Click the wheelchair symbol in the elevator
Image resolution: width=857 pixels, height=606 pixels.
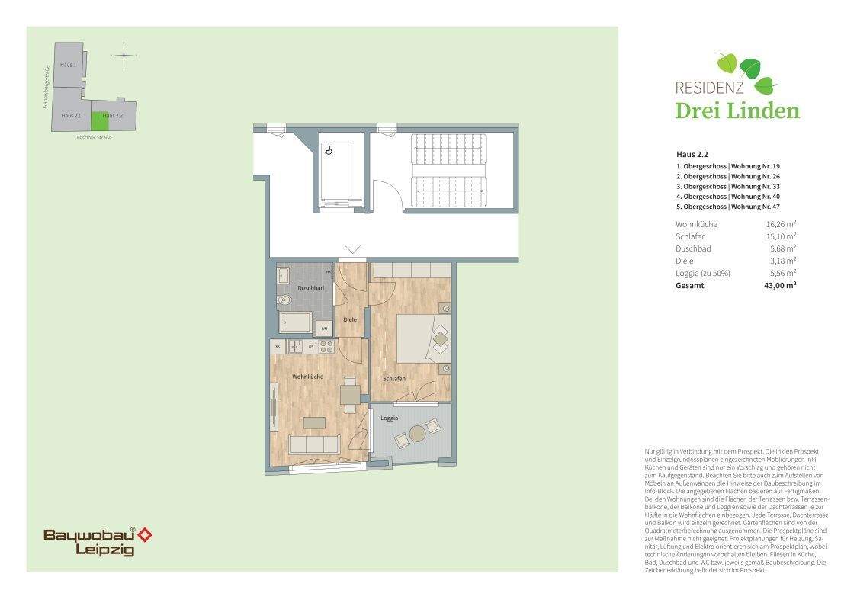tap(329, 151)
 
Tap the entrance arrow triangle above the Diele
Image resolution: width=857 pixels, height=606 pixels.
tap(351, 248)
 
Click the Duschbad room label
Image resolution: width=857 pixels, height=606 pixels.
tap(311, 288)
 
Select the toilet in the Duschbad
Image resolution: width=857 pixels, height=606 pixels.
tap(284, 300)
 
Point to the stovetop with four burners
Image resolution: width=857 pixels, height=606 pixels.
tap(326, 346)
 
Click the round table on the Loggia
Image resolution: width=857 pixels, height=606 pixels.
tap(417, 434)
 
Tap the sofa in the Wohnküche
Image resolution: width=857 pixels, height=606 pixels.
tap(314, 444)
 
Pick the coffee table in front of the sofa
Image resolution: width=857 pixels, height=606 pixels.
tap(313, 422)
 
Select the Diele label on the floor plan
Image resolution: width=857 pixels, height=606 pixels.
tap(351, 319)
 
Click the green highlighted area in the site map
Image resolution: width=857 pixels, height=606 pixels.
tap(101, 120)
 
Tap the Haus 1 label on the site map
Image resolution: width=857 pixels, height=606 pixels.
tap(69, 66)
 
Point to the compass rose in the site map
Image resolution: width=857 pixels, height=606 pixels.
tap(124, 55)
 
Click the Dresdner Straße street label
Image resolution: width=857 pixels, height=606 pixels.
tap(93, 138)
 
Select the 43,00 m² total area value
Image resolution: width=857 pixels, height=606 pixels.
tap(781, 285)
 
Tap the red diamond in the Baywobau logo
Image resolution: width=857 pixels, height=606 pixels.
tap(144, 534)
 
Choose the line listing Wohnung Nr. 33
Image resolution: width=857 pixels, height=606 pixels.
tap(728, 186)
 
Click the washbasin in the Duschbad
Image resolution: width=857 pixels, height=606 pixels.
tap(283, 275)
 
